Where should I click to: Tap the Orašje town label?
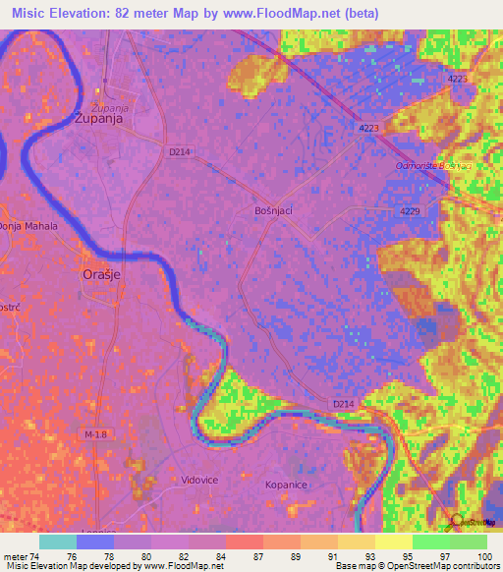[x=99, y=276]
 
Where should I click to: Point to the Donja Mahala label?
[x=28, y=226]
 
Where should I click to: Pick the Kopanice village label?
[x=288, y=485]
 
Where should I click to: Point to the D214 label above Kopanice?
[x=343, y=404]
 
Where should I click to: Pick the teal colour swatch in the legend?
[x=58, y=542]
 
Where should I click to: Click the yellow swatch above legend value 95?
[x=393, y=542]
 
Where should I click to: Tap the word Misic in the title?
[x=35, y=13]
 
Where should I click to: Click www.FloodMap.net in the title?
[x=294, y=13]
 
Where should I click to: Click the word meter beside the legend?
[x=16, y=556]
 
